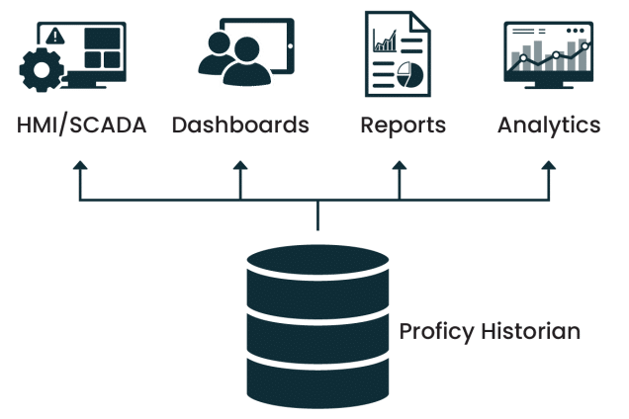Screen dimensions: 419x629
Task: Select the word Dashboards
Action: [x=240, y=126]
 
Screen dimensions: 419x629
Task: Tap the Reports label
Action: [x=403, y=126]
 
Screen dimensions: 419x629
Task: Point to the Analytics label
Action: [x=548, y=126]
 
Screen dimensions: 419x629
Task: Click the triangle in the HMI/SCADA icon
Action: [x=55, y=35]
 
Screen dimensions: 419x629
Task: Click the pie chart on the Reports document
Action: [x=409, y=72]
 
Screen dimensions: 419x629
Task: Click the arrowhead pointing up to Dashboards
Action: [x=239, y=170]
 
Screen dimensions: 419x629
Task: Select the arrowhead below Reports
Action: [x=399, y=170]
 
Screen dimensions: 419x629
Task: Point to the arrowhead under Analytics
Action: [x=548, y=170]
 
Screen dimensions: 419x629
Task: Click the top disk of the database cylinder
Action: [x=317, y=266]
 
